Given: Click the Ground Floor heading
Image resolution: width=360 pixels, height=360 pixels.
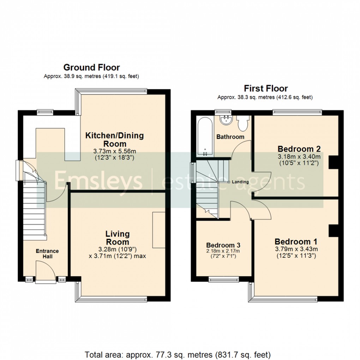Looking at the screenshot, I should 91,67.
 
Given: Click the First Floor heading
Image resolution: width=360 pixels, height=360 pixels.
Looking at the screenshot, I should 266,88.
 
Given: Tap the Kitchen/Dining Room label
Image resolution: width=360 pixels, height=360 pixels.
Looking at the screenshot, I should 114,139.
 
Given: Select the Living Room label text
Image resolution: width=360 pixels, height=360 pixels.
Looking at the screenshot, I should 118,238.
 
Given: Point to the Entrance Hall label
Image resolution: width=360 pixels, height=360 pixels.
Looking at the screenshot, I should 47,254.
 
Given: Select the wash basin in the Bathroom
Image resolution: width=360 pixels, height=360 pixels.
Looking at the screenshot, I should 224,121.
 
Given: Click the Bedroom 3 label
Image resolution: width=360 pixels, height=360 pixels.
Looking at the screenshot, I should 221,245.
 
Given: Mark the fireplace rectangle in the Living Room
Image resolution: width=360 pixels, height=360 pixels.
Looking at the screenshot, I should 158,230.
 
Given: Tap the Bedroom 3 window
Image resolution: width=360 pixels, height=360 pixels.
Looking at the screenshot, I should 224,280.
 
